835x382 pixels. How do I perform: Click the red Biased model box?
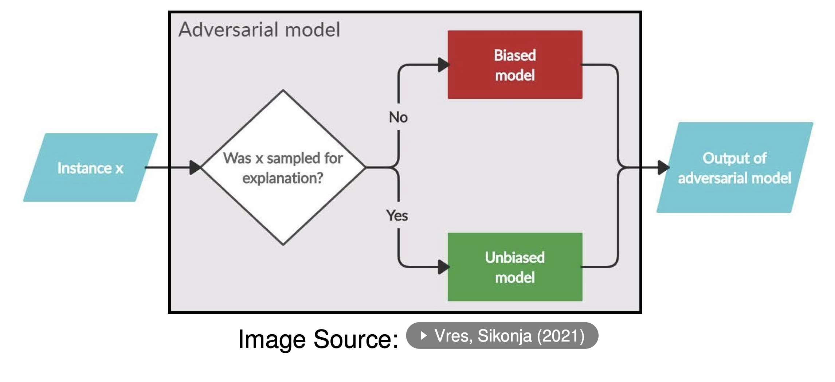tap(515, 65)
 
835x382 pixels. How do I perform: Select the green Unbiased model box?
tap(515, 267)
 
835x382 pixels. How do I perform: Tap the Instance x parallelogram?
tap(90, 167)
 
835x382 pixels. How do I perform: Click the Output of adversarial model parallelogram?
tap(735, 167)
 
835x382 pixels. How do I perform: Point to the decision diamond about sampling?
tap(283, 167)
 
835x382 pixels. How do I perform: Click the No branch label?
tap(398, 117)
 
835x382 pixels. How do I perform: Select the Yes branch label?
tap(397, 215)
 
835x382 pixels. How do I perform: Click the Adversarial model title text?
tap(259, 30)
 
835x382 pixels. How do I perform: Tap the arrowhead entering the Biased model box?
tap(444, 65)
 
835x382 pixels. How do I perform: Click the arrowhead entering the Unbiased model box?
tap(444, 267)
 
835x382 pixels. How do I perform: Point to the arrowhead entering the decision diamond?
tap(196, 167)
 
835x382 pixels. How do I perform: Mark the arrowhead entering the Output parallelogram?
tap(664, 167)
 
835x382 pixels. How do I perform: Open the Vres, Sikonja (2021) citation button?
tap(502, 335)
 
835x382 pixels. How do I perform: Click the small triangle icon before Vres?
tap(423, 335)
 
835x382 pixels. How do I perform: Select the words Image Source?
tap(318, 339)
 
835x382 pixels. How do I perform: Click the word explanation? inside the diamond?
tap(283, 178)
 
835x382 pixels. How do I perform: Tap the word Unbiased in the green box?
tap(515, 257)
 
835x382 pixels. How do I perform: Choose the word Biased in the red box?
tap(515, 55)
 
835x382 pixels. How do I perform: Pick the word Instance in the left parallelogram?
tap(85, 168)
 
